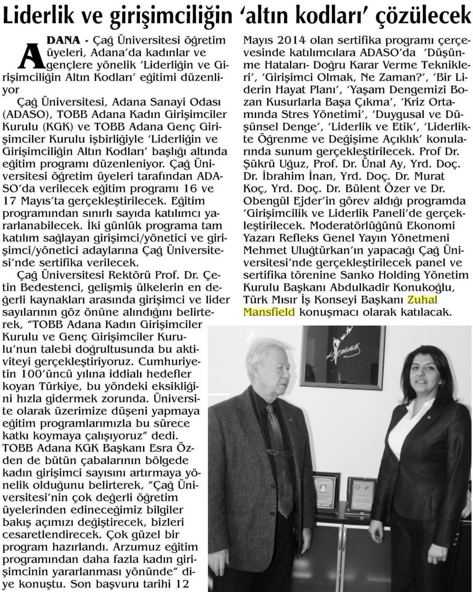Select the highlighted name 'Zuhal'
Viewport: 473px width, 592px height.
pyautogui.click(x=423, y=299)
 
